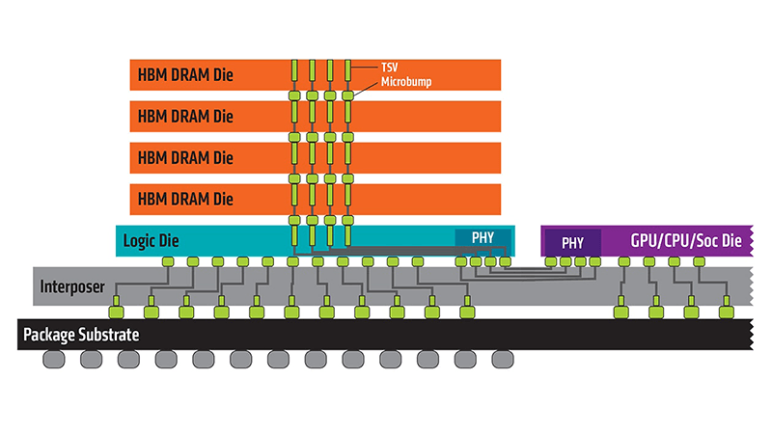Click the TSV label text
[x=387, y=68]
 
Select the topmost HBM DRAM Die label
[x=185, y=74]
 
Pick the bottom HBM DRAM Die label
[x=185, y=199]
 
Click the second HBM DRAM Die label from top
[x=185, y=116]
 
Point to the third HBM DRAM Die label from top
[x=185, y=157]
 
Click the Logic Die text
[x=153, y=240]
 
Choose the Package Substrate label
[x=81, y=335]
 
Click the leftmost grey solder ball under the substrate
[x=54, y=360]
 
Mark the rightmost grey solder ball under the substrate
[x=503, y=360]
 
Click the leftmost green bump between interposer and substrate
[x=117, y=312]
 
